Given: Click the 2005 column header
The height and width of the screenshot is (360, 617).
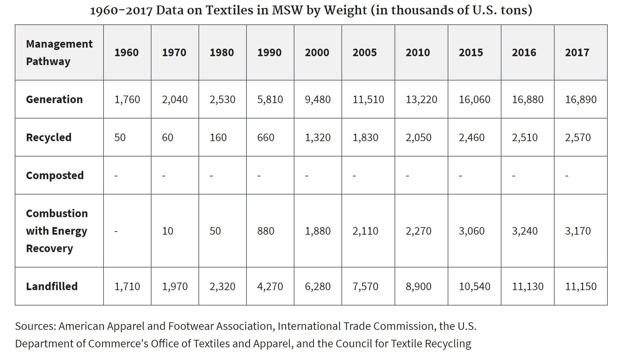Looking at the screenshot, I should coord(364,52).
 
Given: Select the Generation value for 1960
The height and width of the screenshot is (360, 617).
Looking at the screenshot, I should coord(127,99).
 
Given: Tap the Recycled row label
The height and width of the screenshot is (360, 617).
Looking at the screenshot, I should coord(49,137).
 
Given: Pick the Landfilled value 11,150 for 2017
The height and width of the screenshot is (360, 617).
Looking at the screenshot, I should coord(581,286).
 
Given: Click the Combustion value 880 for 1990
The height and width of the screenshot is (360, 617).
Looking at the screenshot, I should coord(266,231).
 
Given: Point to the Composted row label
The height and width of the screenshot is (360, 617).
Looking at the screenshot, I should coord(55,175).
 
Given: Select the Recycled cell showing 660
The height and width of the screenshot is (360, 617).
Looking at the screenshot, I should coord(266,137).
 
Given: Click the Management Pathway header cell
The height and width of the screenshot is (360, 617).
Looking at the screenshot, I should coord(59,52).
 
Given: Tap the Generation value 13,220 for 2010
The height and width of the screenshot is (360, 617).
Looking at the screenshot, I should coord(421,99).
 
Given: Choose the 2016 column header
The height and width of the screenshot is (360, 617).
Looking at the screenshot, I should coord(524,52).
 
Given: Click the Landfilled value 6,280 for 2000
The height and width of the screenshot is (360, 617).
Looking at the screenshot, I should coord(318,286).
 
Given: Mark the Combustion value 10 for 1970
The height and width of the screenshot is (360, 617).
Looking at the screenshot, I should coord(168,231).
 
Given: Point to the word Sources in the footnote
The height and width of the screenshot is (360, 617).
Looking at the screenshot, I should coord(35,326).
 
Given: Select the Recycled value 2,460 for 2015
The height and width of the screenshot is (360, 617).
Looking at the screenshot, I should coord(472,137).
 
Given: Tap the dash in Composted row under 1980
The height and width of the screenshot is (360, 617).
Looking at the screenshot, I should coord(211,176).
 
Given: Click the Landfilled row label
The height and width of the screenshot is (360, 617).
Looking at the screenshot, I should coord(52,286).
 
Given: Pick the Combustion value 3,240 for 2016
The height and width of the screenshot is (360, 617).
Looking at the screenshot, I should coord(525,231).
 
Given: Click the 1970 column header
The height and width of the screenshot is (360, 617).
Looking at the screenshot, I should coord(174,52).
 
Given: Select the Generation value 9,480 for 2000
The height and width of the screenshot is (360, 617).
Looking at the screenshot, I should coord(318,99).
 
